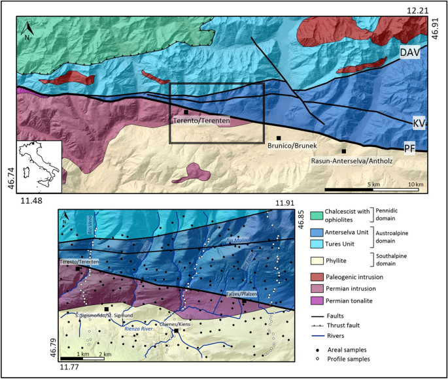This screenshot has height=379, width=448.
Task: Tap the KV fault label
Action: (x=419, y=123)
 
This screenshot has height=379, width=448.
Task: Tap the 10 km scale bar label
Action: (x=415, y=185)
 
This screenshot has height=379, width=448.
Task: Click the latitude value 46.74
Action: (x=10, y=177)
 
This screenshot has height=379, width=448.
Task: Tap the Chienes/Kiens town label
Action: (x=176, y=323)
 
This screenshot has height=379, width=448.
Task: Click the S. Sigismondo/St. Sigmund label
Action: (x=104, y=316)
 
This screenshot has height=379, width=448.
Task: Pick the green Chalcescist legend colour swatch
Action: (x=315, y=214)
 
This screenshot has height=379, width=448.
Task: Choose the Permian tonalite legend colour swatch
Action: (x=315, y=301)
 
